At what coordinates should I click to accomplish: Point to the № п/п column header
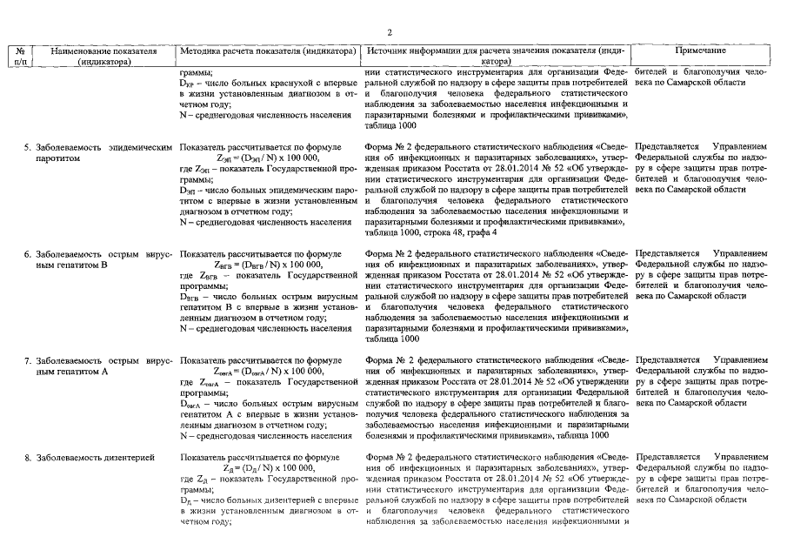click(x=18, y=57)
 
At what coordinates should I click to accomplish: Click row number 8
click(x=27, y=457)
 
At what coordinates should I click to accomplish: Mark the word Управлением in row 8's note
click(x=740, y=457)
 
